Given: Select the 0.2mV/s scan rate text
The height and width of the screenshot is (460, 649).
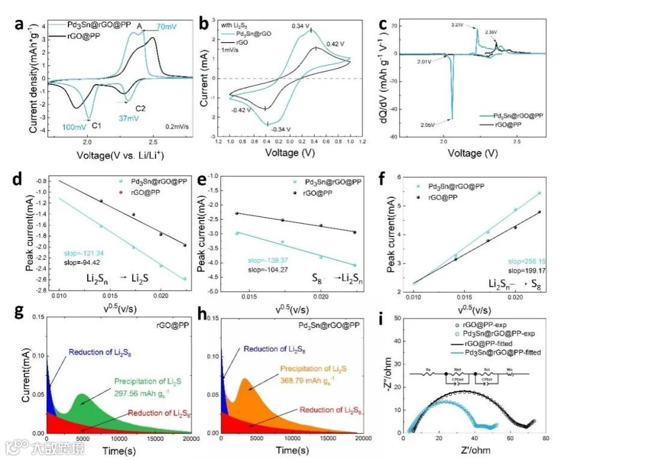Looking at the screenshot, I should pyautogui.click(x=165, y=127).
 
